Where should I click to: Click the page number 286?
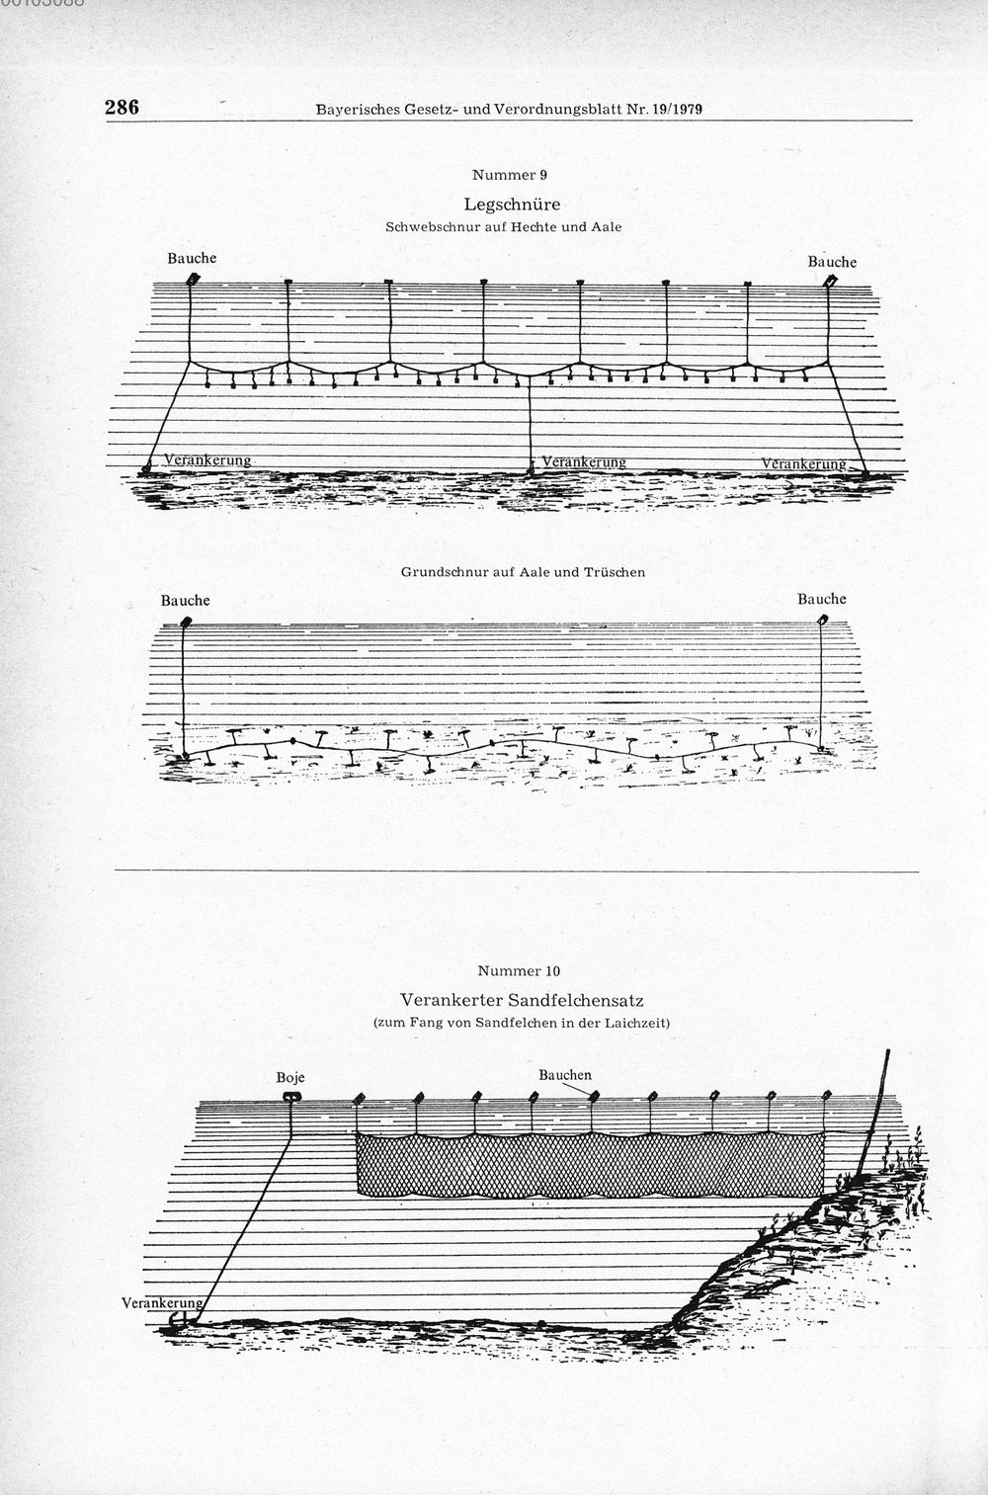pyautogui.click(x=123, y=108)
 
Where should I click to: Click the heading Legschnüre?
pyautogui.click(x=512, y=205)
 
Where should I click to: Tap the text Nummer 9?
pyautogui.click(x=510, y=175)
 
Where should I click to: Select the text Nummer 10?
pyautogui.click(x=519, y=971)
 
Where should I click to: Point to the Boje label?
pyautogui.click(x=290, y=1078)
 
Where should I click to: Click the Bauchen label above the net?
pyautogui.click(x=565, y=1075)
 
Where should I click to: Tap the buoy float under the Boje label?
pyautogui.click(x=291, y=1097)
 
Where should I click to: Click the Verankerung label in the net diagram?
pyautogui.click(x=161, y=1302)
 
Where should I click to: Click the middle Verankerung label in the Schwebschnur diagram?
pyautogui.click(x=583, y=461)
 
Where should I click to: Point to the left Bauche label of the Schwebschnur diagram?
pyautogui.click(x=192, y=258)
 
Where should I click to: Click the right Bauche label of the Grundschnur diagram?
pyautogui.click(x=822, y=600)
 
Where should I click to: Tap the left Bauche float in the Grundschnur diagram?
pyautogui.click(x=185, y=623)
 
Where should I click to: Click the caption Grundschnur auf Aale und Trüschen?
pyautogui.click(x=523, y=572)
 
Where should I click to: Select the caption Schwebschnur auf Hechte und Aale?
pyautogui.click(x=504, y=227)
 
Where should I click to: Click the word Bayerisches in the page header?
pyautogui.click(x=357, y=110)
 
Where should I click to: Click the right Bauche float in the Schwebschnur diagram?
pyautogui.click(x=830, y=282)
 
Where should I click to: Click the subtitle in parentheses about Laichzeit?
pyautogui.click(x=521, y=1023)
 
